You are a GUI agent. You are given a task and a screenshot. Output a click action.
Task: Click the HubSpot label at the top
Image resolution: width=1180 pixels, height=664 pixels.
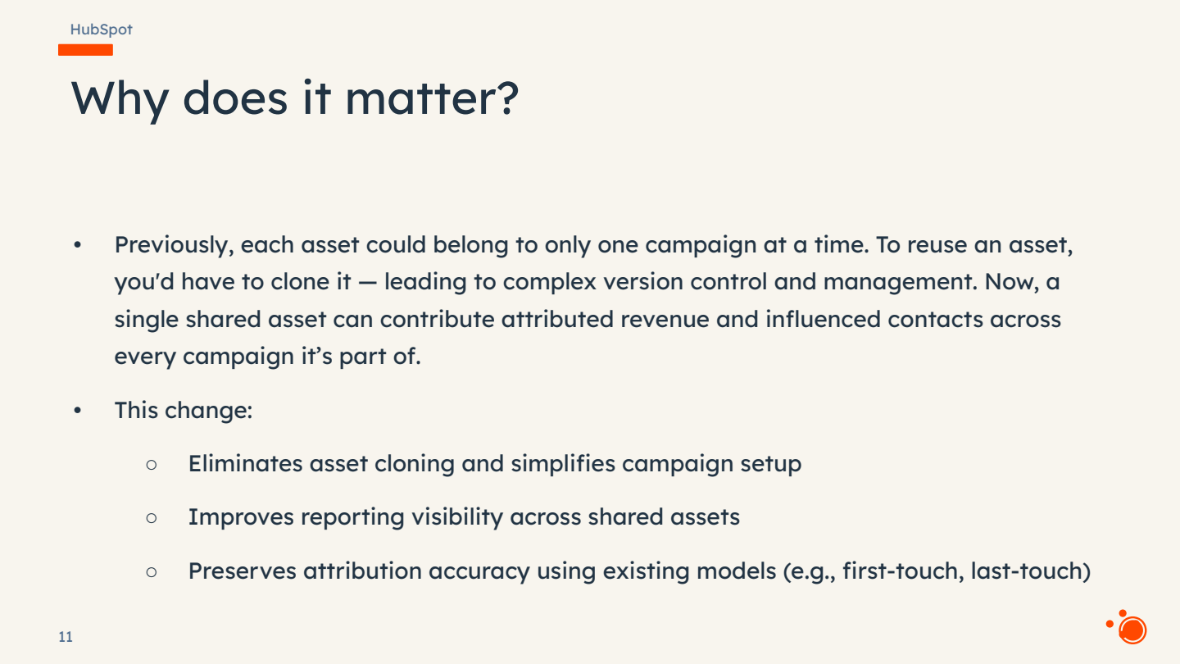pyautogui.click(x=101, y=30)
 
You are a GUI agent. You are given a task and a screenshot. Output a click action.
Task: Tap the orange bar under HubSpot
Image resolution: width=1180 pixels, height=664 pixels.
pyautogui.click(x=85, y=50)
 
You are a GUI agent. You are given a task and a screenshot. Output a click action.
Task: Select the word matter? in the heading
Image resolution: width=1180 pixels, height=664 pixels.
pyautogui.click(x=432, y=98)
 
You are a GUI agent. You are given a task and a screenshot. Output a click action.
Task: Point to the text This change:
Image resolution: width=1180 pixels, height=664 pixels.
pyautogui.click(x=183, y=410)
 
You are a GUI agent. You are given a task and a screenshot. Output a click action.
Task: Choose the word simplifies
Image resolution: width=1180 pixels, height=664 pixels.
pyautogui.click(x=562, y=464)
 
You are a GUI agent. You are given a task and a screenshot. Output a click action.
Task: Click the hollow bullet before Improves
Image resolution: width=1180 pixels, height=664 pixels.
pyautogui.click(x=151, y=518)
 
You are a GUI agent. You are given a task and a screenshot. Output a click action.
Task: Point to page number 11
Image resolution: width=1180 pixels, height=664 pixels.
pyautogui.click(x=66, y=637)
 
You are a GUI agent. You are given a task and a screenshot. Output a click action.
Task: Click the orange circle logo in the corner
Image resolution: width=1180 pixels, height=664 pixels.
pyautogui.click(x=1132, y=630)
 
